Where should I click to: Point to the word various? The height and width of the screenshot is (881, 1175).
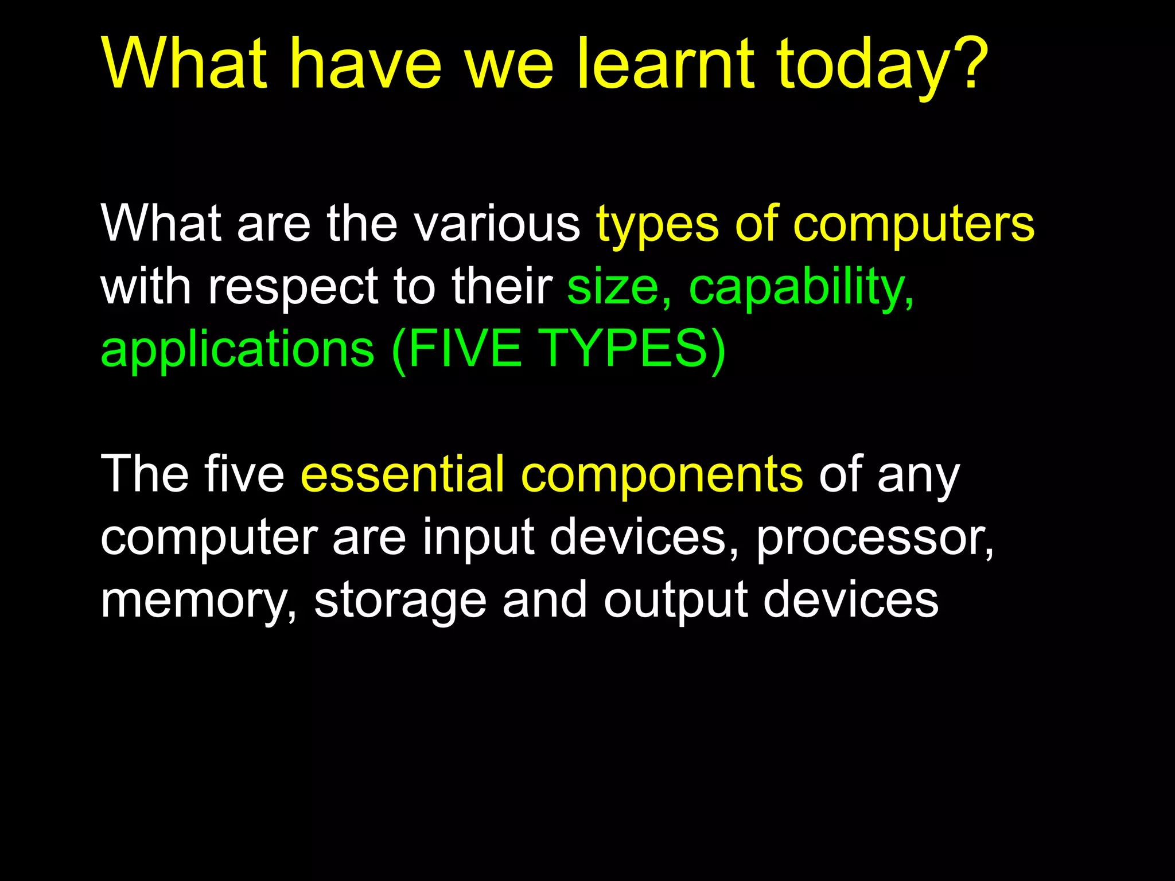tap(497, 224)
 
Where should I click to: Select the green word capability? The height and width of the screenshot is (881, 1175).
tap(800, 287)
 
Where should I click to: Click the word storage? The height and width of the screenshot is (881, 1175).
tap(400, 601)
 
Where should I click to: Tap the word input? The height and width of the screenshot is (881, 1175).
tap(479, 538)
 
